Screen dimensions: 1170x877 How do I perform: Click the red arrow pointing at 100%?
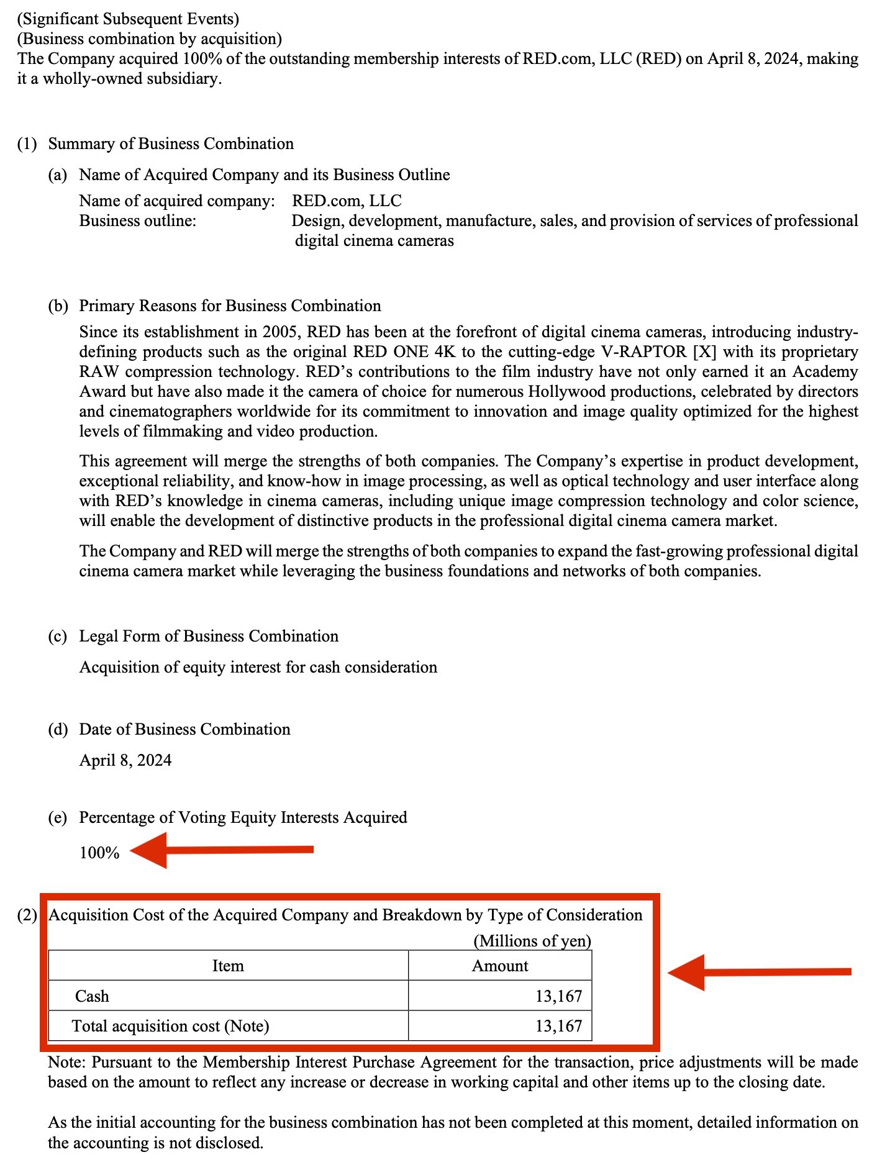[x=222, y=850]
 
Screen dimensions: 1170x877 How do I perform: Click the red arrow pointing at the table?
[x=758, y=972]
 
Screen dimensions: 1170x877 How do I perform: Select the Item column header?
[x=228, y=966]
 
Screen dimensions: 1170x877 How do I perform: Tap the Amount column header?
[x=500, y=966]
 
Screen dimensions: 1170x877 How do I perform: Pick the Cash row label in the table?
[x=92, y=996]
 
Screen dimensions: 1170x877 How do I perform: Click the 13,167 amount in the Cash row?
[x=558, y=996]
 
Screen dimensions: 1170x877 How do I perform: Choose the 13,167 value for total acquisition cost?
[x=558, y=1026]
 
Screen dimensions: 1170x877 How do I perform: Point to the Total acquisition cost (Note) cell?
[x=171, y=1026]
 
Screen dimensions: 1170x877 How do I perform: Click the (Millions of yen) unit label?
[x=532, y=941]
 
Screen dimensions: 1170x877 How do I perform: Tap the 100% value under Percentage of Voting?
[x=99, y=853]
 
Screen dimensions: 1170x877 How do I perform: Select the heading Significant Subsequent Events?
[x=128, y=19]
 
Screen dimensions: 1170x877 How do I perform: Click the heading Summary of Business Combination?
[x=171, y=143]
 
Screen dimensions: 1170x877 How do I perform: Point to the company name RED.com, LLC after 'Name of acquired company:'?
[x=347, y=201]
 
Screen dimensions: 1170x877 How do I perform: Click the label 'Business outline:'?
[x=137, y=220]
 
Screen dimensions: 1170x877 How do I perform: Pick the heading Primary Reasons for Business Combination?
[x=230, y=306]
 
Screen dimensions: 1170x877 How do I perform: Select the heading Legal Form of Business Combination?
[x=209, y=636]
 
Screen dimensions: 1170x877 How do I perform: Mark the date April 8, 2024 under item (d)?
[x=125, y=760]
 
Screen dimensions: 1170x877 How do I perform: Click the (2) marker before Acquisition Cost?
[x=27, y=915]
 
